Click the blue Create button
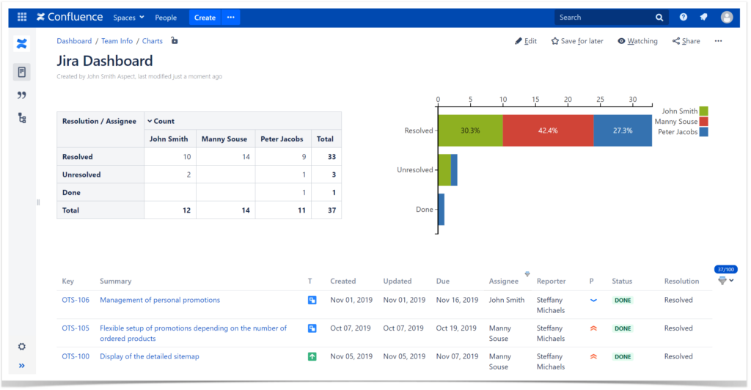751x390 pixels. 205,18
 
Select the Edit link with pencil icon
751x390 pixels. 526,42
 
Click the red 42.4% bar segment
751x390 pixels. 548,130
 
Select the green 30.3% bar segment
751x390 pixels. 470,130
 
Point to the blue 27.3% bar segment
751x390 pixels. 623,130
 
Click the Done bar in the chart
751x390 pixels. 441,210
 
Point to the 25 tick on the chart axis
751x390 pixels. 600,100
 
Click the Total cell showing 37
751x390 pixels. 325,210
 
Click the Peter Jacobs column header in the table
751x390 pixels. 281,139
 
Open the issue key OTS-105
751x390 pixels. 76,328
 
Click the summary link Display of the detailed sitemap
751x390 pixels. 149,357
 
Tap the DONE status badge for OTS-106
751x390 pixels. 623,301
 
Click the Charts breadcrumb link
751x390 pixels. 152,42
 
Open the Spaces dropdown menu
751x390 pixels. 128,18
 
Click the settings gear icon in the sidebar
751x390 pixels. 21,347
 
